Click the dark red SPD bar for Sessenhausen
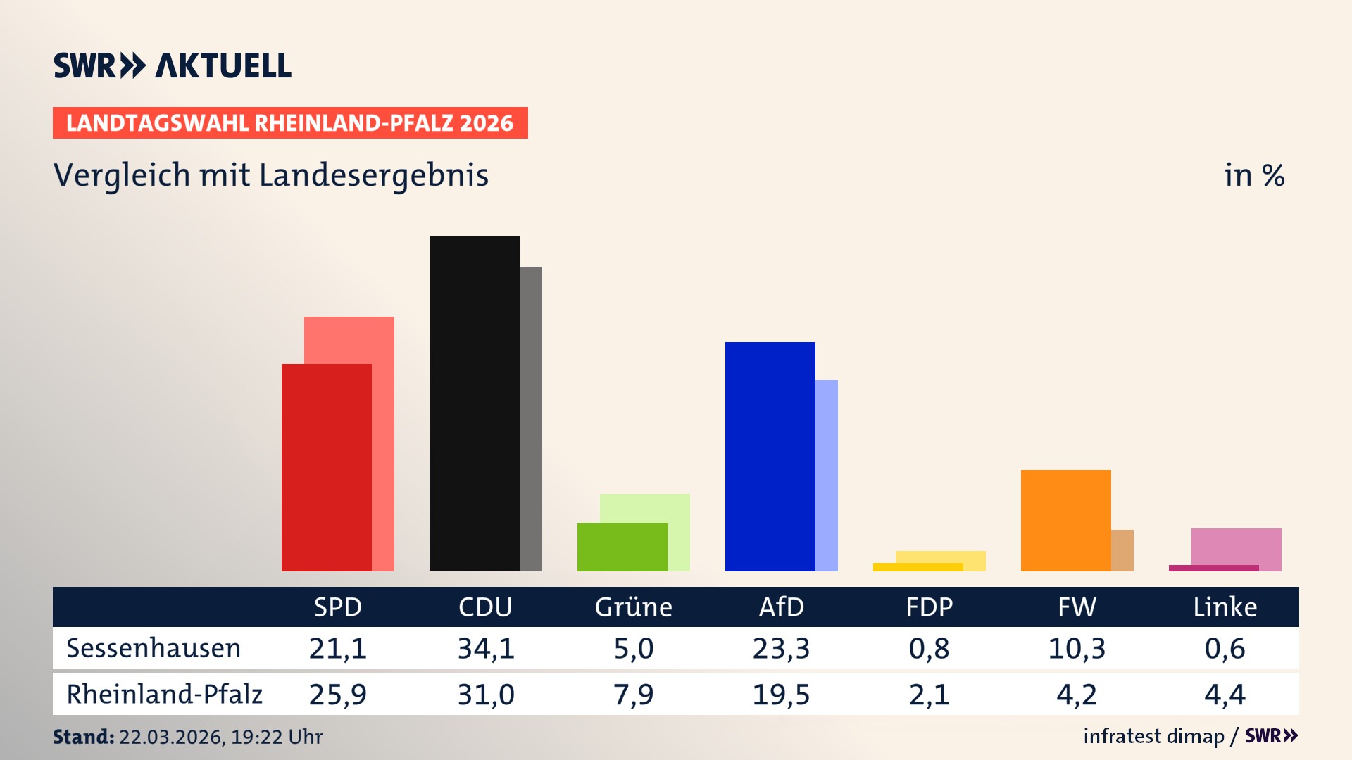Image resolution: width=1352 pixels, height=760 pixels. (326, 467)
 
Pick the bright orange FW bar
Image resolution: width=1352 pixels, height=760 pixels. (1065, 520)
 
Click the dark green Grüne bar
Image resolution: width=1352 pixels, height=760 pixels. (622, 547)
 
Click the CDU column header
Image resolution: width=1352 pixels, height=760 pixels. (485, 607)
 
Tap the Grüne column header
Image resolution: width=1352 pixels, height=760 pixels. (633, 607)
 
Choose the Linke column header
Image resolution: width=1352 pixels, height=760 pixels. (1225, 607)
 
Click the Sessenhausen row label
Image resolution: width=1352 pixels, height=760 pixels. (154, 648)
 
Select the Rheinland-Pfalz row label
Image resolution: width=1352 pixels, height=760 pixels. (164, 694)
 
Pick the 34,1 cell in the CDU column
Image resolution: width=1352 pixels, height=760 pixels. (486, 648)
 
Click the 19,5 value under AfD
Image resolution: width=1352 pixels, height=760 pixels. (781, 695)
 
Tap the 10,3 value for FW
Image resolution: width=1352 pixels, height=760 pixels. (1077, 648)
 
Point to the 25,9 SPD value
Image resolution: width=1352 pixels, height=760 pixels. (337, 695)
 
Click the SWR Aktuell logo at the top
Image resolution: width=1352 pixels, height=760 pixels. (172, 65)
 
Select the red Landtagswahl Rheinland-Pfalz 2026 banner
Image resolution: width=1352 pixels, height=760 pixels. (290, 123)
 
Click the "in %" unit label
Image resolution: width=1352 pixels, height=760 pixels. (1253, 175)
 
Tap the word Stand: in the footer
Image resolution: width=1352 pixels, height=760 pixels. (83, 737)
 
